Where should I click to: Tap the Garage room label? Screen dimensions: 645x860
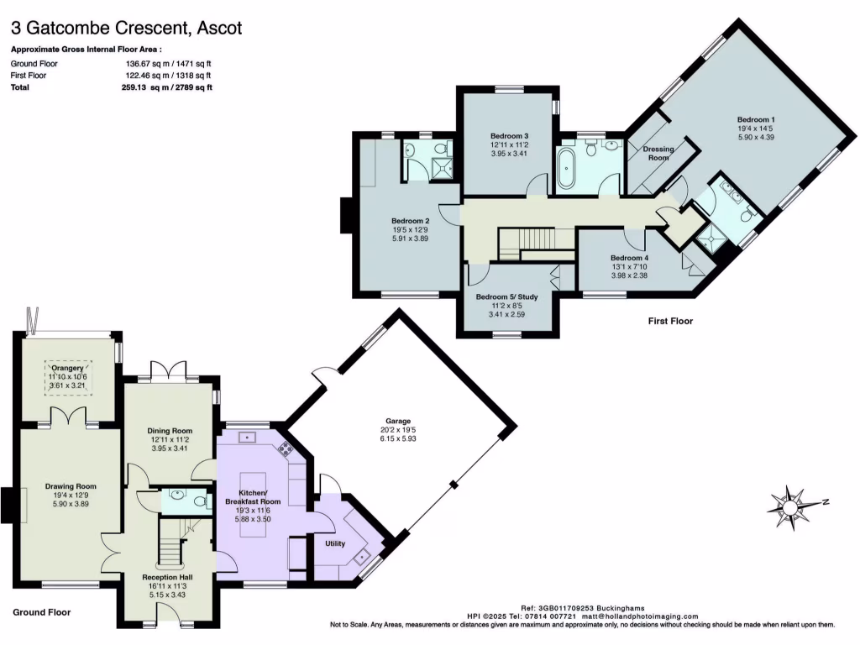pos(398,422)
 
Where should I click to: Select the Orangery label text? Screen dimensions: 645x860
pos(68,367)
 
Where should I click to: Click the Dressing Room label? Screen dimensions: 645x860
pos(658,154)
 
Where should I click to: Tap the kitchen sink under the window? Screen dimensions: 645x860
pos(247,437)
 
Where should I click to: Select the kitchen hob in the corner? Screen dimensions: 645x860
pos(286,449)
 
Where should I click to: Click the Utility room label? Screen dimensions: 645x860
pos(335,543)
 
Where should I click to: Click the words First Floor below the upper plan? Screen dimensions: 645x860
pos(670,321)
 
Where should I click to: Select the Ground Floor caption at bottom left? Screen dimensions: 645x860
pos(42,612)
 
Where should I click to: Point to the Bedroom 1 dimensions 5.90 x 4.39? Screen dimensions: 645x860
pos(756,138)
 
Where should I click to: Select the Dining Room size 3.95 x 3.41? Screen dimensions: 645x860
pos(170,448)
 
